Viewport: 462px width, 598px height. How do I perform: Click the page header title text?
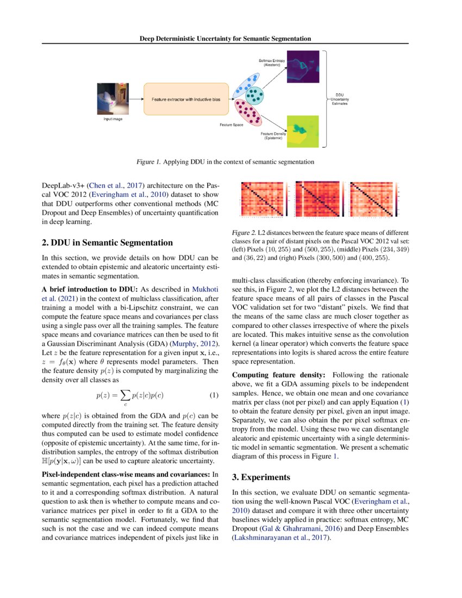[x=225, y=39]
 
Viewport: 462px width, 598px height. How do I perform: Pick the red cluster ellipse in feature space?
[x=250, y=114]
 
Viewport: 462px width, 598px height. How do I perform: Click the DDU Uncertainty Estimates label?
[x=340, y=99]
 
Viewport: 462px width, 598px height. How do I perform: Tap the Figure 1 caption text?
[x=225, y=161]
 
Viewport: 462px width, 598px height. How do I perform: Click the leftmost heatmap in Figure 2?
[x=263, y=199]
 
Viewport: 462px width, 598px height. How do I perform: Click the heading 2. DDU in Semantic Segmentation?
[x=108, y=242]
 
